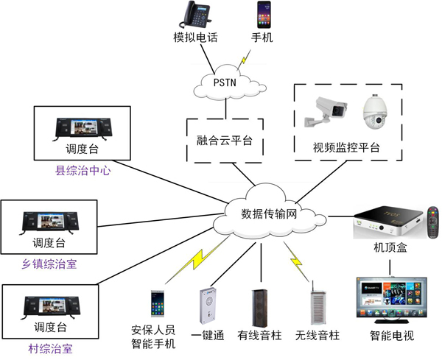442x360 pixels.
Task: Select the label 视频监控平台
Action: [x=347, y=148]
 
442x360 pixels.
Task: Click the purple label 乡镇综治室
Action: [x=49, y=263]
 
